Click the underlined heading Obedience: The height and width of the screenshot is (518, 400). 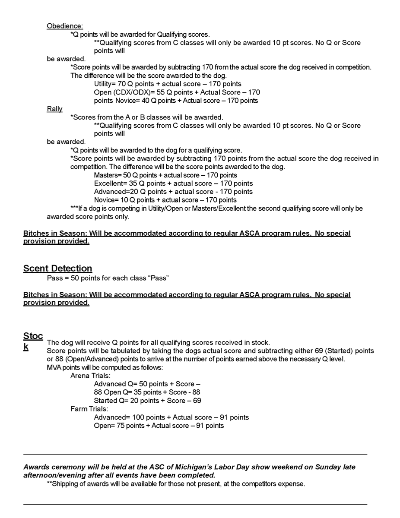(65, 26)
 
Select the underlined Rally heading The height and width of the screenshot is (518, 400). (54, 109)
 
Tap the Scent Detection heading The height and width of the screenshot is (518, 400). (57, 268)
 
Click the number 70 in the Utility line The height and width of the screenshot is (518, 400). (121, 84)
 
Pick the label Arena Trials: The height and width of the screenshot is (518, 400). (90, 376)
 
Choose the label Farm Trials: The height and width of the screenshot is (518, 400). (89, 409)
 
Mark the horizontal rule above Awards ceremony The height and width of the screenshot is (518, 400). (195, 454)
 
